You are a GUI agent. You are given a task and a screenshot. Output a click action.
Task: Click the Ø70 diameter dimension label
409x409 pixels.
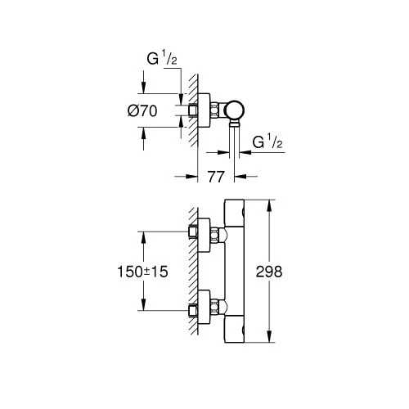pyautogui.click(x=142, y=111)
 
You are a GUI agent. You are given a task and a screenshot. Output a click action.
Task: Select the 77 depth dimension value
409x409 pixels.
pyautogui.click(x=216, y=177)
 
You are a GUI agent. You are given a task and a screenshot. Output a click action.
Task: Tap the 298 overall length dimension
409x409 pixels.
pyautogui.click(x=269, y=272)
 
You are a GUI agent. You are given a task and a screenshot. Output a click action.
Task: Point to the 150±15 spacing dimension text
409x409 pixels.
pyautogui.click(x=142, y=272)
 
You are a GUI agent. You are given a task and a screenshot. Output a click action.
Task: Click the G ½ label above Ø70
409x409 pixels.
pyautogui.click(x=162, y=59)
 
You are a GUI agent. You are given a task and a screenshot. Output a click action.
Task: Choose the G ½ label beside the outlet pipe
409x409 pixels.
pyautogui.click(x=267, y=142)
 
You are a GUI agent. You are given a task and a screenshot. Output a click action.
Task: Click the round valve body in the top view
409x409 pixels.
pyautogui.click(x=234, y=110)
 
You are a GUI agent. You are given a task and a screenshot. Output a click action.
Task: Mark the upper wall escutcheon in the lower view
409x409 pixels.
pyautogui.click(x=204, y=235)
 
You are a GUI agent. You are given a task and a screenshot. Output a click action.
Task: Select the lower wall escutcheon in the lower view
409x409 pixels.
pyautogui.click(x=204, y=307)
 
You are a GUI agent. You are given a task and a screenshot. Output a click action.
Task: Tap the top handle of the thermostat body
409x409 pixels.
pyautogui.click(x=234, y=213)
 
